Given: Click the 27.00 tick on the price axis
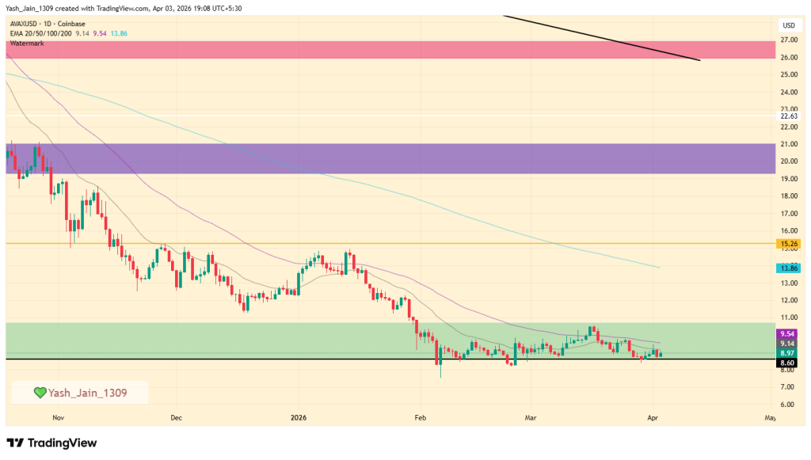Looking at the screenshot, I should (788, 40).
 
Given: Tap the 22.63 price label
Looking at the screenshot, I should (788, 116).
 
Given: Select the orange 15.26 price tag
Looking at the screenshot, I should (788, 244).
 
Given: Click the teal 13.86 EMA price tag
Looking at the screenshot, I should (788, 268).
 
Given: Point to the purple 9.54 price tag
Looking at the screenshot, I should (788, 334).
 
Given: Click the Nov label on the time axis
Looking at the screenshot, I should (57, 416).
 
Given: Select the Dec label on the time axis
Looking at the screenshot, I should (176, 416).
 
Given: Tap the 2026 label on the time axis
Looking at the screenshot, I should (298, 416).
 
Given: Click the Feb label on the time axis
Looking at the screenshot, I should (421, 416).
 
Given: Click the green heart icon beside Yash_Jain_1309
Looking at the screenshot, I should (40, 392).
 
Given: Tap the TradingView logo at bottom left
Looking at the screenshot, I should (51, 443).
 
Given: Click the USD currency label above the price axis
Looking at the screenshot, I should (788, 25).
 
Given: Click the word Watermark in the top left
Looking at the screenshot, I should (27, 43).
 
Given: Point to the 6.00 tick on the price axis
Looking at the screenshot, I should (788, 404).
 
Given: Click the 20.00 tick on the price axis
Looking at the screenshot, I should (788, 162).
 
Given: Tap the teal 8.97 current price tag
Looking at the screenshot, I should (788, 352).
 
